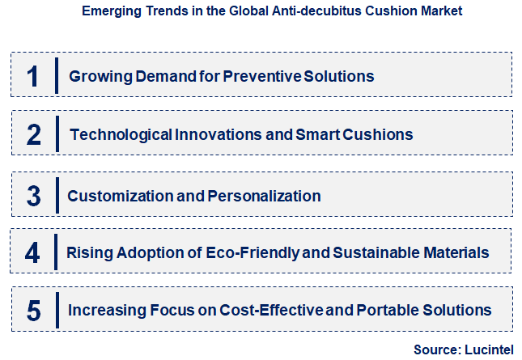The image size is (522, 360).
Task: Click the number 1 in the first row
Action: (x=32, y=76)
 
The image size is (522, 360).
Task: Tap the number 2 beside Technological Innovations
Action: (x=33, y=134)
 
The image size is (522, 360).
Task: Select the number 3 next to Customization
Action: (x=33, y=196)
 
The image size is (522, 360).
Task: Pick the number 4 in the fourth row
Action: (x=32, y=253)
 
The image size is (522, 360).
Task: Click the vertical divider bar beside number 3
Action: (x=57, y=196)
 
